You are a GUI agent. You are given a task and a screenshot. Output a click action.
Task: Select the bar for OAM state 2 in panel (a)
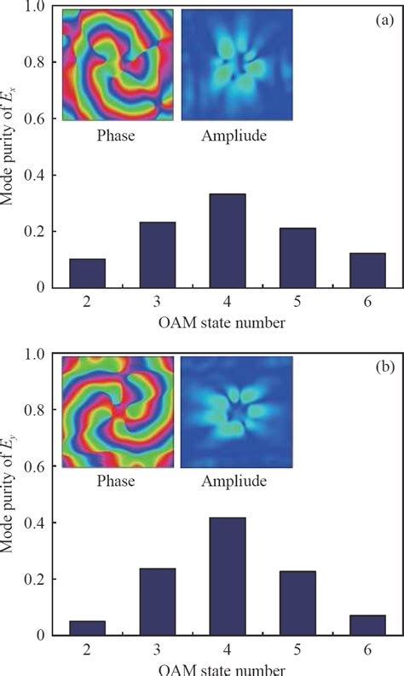87,273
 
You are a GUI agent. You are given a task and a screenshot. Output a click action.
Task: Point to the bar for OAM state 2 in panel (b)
87,627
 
